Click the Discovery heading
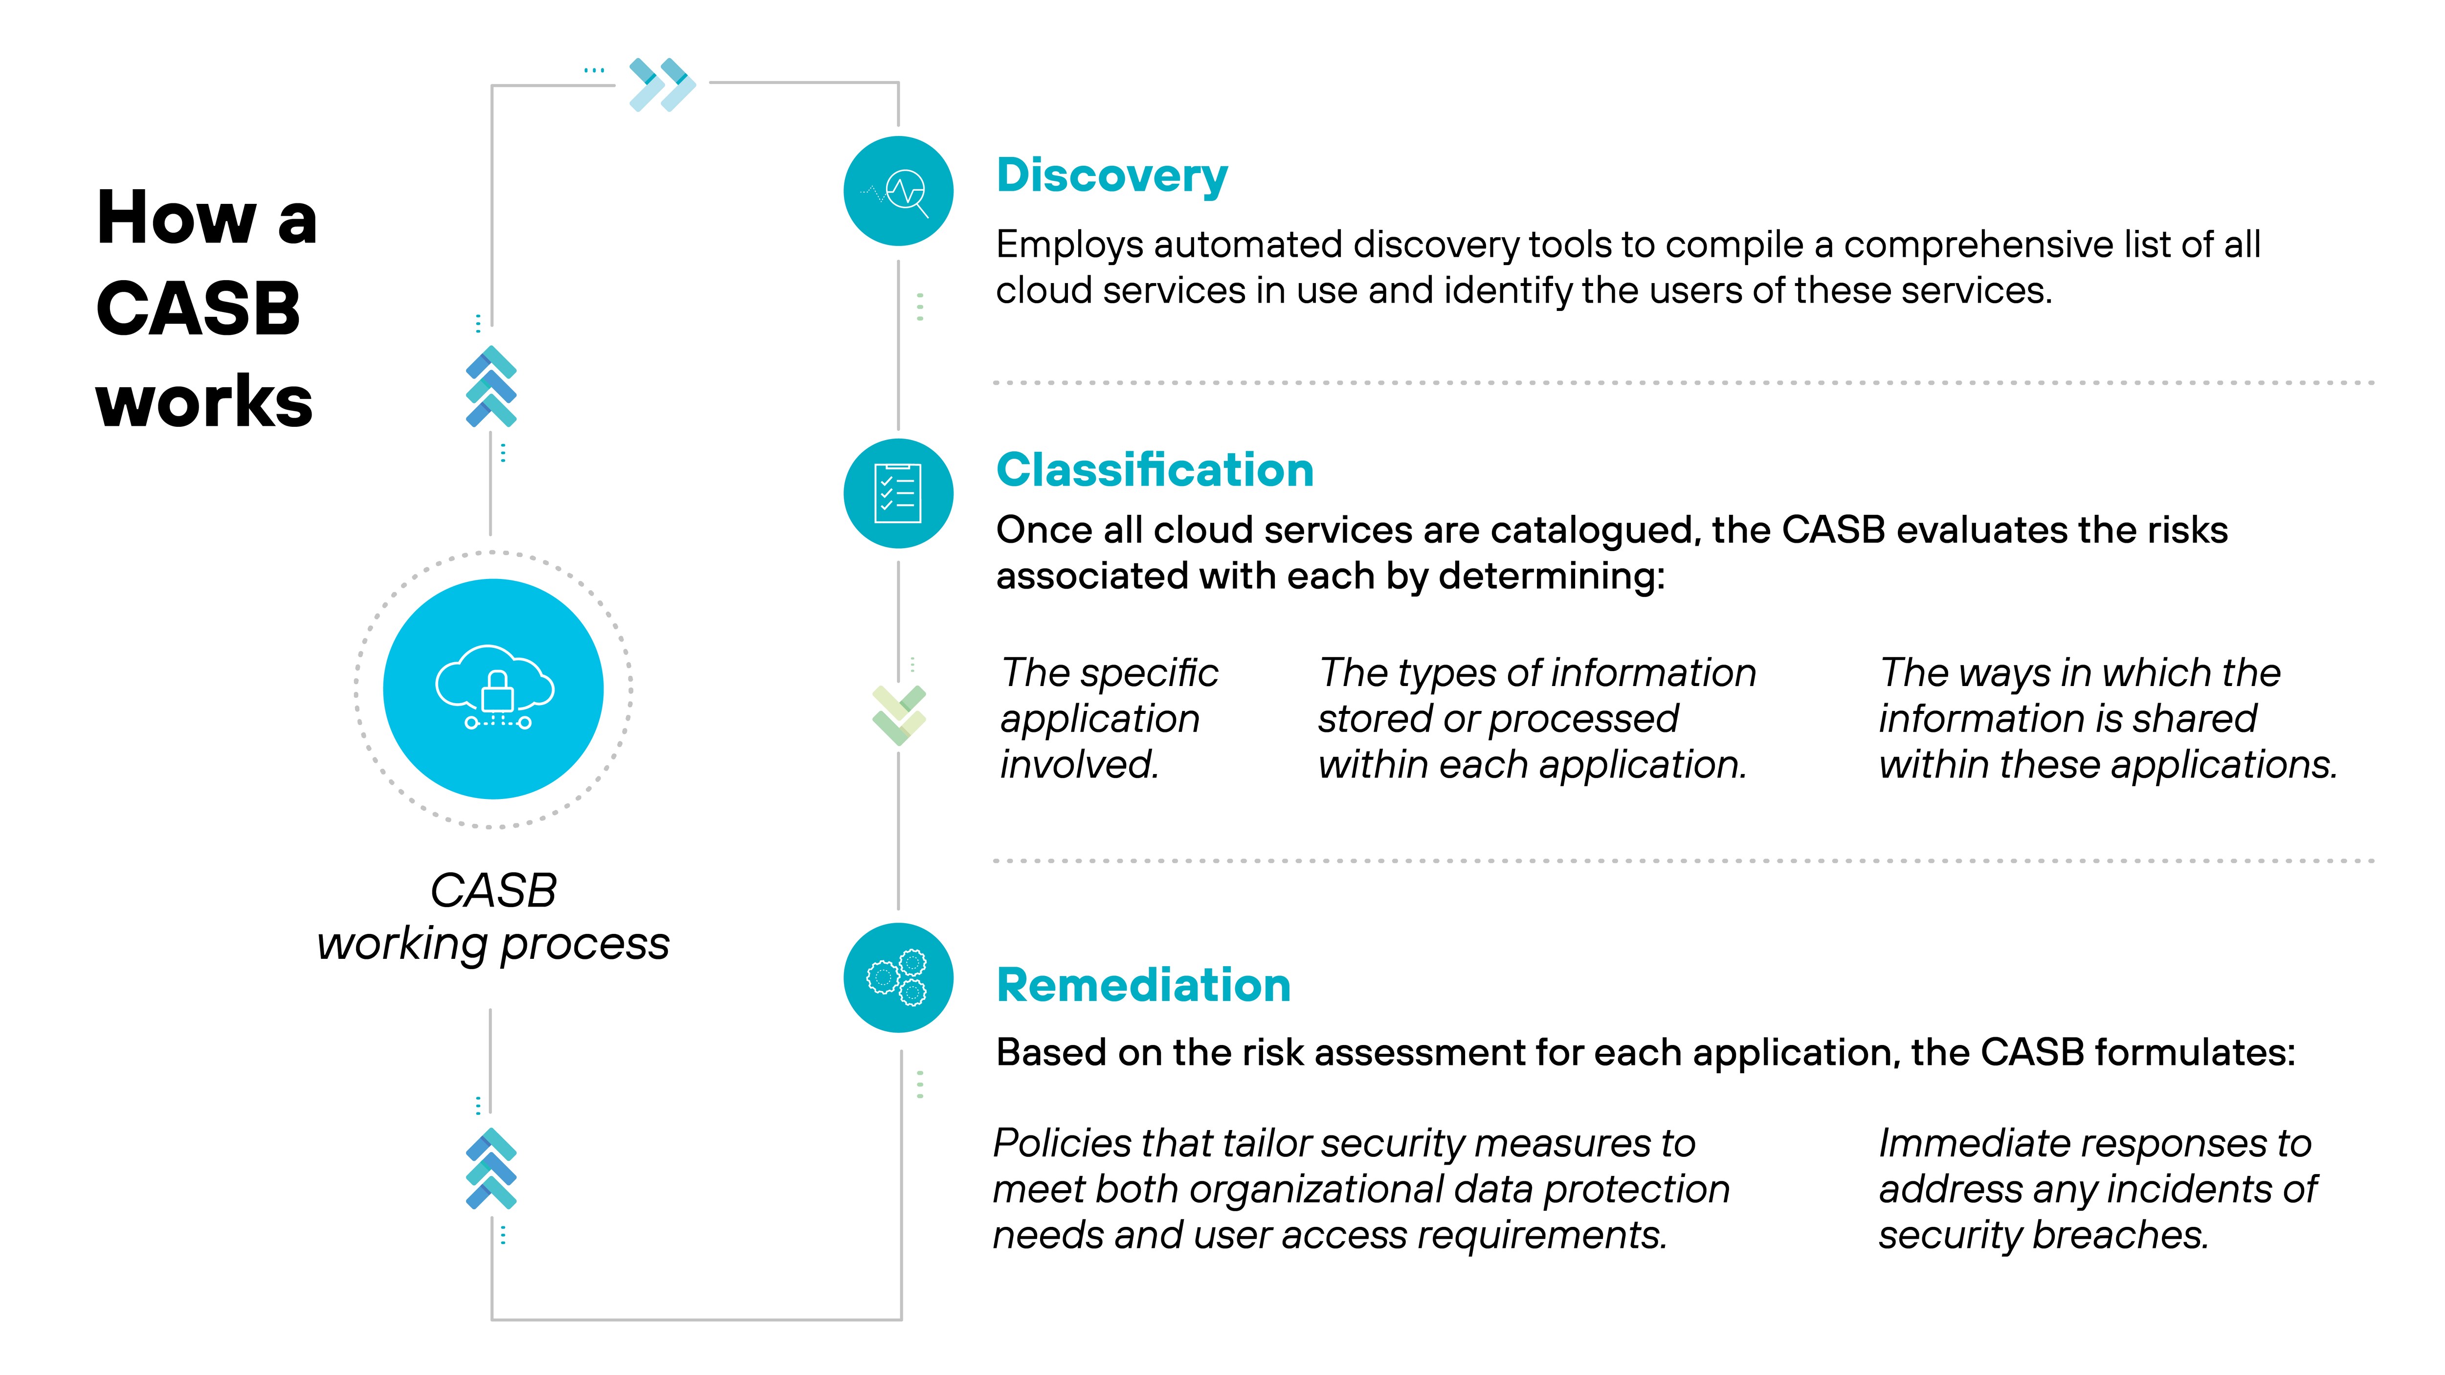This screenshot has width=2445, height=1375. (x=1111, y=177)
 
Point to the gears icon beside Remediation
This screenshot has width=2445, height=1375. (x=898, y=977)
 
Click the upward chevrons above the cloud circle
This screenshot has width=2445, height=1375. (x=490, y=387)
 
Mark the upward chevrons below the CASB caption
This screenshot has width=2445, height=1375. (x=490, y=1169)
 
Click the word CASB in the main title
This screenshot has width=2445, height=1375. (x=199, y=310)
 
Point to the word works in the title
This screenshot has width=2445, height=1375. (x=204, y=401)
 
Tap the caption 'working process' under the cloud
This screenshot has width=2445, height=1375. (x=493, y=944)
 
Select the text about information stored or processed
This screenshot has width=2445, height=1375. (x=1536, y=718)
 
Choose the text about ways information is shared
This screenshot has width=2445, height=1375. (x=2107, y=718)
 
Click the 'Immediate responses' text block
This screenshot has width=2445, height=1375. (x=2096, y=1189)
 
